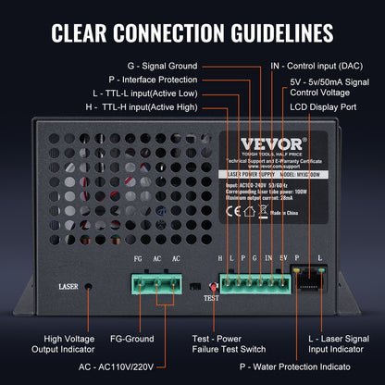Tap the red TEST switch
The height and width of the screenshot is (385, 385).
click(212, 286)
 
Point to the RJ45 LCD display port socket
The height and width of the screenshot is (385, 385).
click(297, 277)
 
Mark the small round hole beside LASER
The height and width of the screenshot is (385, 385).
click(90, 287)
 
